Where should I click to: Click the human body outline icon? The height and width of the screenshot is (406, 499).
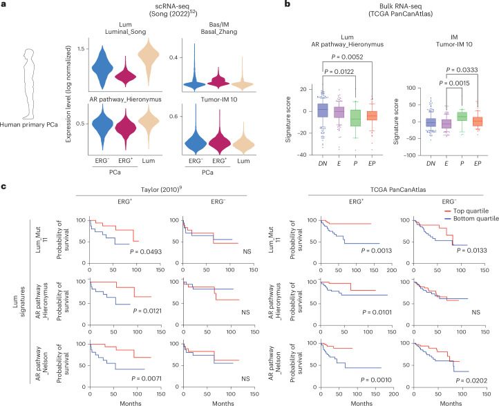point(28,84)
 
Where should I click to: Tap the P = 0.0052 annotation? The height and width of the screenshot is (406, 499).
point(347,57)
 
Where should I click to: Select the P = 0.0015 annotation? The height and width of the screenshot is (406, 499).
point(454,83)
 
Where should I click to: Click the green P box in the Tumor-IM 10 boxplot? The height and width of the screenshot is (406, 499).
point(462,116)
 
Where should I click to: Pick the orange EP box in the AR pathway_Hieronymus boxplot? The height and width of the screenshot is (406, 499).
point(371,115)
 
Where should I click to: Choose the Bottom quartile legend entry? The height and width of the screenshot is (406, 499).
point(471,219)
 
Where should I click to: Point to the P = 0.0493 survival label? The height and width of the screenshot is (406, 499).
point(146,252)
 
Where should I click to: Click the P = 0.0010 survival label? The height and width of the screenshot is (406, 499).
point(376,380)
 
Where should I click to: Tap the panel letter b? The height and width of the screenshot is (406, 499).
point(288,4)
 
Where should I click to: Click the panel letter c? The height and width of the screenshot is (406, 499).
point(3,186)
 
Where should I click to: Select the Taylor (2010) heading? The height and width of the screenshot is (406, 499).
point(161,189)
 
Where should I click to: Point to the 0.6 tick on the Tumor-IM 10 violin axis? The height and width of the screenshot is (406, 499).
point(173,117)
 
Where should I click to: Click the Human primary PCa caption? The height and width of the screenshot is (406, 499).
point(28,125)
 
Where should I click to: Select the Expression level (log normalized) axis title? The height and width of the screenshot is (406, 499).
point(68,94)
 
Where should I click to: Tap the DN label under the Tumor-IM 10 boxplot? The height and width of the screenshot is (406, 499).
point(431,164)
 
